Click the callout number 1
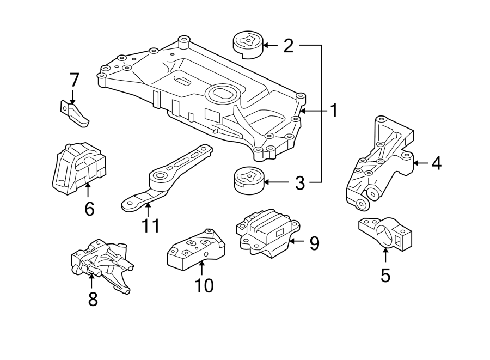click(x=333, y=111)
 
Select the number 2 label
click(x=288, y=45)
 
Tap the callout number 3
click(x=299, y=183)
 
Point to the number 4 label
click(x=436, y=163)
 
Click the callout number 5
click(x=385, y=274)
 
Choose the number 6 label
click(x=89, y=208)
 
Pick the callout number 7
click(x=74, y=80)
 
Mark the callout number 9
click(x=314, y=243)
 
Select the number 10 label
click(x=205, y=285)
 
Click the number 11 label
click(x=150, y=225)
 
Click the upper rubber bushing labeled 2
click(x=248, y=45)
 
